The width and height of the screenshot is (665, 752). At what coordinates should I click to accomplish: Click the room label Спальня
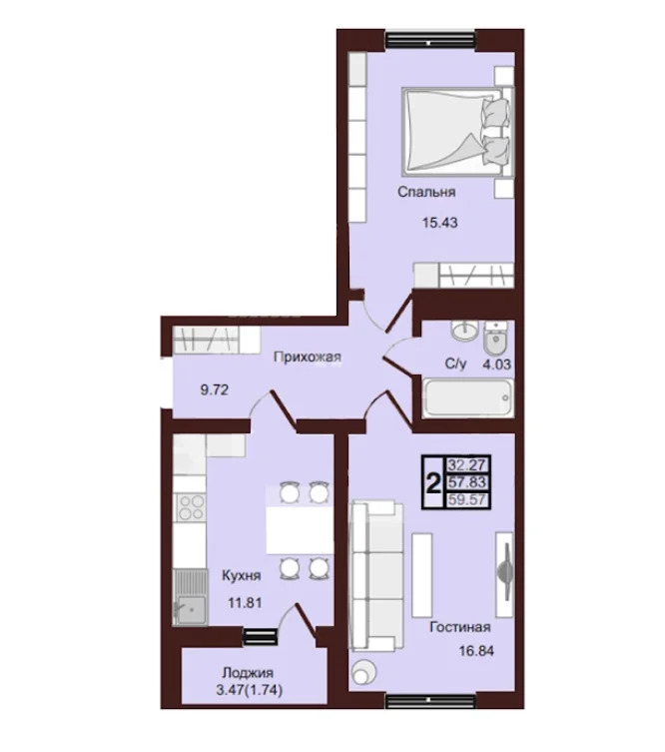426,193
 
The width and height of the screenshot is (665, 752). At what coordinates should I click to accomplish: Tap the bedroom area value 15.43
439,223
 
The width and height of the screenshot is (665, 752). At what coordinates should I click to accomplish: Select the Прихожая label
308,358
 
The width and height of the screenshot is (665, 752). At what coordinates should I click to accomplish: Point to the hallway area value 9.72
215,389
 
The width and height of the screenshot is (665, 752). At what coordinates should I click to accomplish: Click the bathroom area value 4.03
496,365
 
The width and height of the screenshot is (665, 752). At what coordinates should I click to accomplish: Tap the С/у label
455,364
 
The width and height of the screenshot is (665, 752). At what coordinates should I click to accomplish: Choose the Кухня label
242,575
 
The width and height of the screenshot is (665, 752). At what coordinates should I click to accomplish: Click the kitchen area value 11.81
245,602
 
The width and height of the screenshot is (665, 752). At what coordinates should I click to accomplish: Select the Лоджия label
248,673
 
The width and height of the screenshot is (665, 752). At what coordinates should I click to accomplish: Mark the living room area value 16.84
476,651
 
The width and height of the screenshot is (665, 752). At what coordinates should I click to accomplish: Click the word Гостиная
459,627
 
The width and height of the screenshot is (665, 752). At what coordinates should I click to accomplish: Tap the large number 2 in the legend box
433,482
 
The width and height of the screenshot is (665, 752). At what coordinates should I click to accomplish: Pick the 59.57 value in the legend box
467,499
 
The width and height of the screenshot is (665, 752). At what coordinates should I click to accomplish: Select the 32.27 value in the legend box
467,464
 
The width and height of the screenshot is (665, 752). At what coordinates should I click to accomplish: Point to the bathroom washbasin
464,331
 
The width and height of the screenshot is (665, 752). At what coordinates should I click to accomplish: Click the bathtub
468,398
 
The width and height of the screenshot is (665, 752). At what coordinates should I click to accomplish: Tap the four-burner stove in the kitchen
191,508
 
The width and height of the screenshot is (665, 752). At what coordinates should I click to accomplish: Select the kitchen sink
191,597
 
